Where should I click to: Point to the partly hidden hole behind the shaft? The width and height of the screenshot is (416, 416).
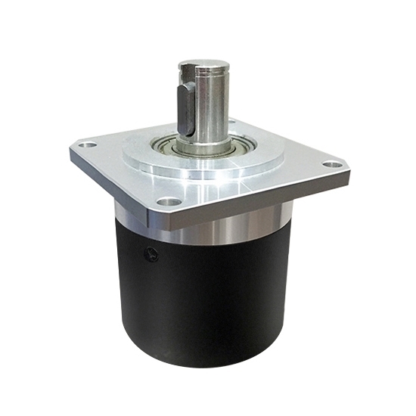(x=231, y=122)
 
